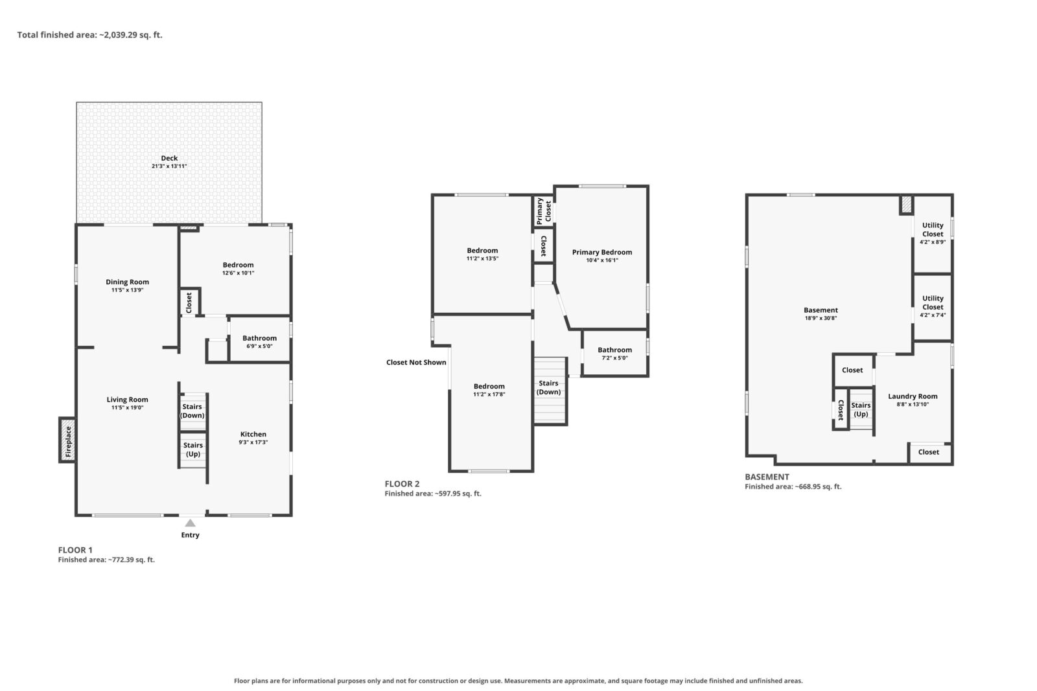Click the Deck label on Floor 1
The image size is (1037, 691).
click(169, 158)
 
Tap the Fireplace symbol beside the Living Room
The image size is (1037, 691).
click(67, 440)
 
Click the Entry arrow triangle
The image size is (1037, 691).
click(191, 523)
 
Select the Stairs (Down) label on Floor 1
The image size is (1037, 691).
click(192, 411)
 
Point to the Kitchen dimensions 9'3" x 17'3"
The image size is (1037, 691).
click(253, 442)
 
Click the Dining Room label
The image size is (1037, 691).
click(127, 282)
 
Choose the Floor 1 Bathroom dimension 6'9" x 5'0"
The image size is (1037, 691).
click(259, 346)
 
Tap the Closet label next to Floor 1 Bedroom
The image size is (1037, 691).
click(189, 302)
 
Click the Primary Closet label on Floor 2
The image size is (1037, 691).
click(544, 211)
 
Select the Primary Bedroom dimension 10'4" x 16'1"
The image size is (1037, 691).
click(602, 260)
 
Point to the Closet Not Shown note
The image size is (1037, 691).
click(416, 363)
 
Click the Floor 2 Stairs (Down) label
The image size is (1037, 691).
click(548, 387)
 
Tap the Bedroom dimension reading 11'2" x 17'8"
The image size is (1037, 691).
click(489, 394)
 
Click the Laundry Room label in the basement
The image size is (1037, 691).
click(913, 396)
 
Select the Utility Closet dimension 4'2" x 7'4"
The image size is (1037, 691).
click(933, 315)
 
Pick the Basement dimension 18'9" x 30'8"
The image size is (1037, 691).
click(821, 318)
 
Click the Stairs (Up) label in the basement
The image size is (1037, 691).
click(861, 410)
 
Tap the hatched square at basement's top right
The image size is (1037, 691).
click(907, 205)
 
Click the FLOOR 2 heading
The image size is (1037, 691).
click(402, 484)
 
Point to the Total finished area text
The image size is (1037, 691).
click(90, 35)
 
